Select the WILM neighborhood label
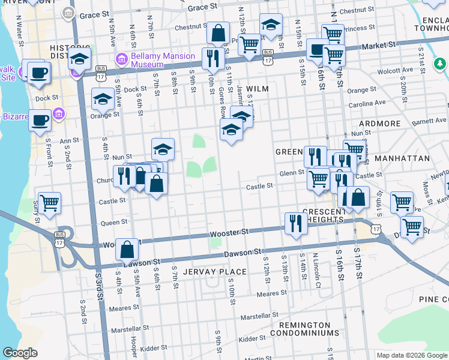tap(256, 88)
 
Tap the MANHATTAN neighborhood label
tap(402, 158)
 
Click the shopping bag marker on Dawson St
tap(128, 249)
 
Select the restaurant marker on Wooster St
tap(294, 223)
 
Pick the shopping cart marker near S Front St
tap(49, 203)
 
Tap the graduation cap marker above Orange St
tap(103, 98)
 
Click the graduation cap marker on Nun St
tap(163, 148)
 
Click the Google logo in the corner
tap(20, 353)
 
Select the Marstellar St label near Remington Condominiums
tap(260, 314)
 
